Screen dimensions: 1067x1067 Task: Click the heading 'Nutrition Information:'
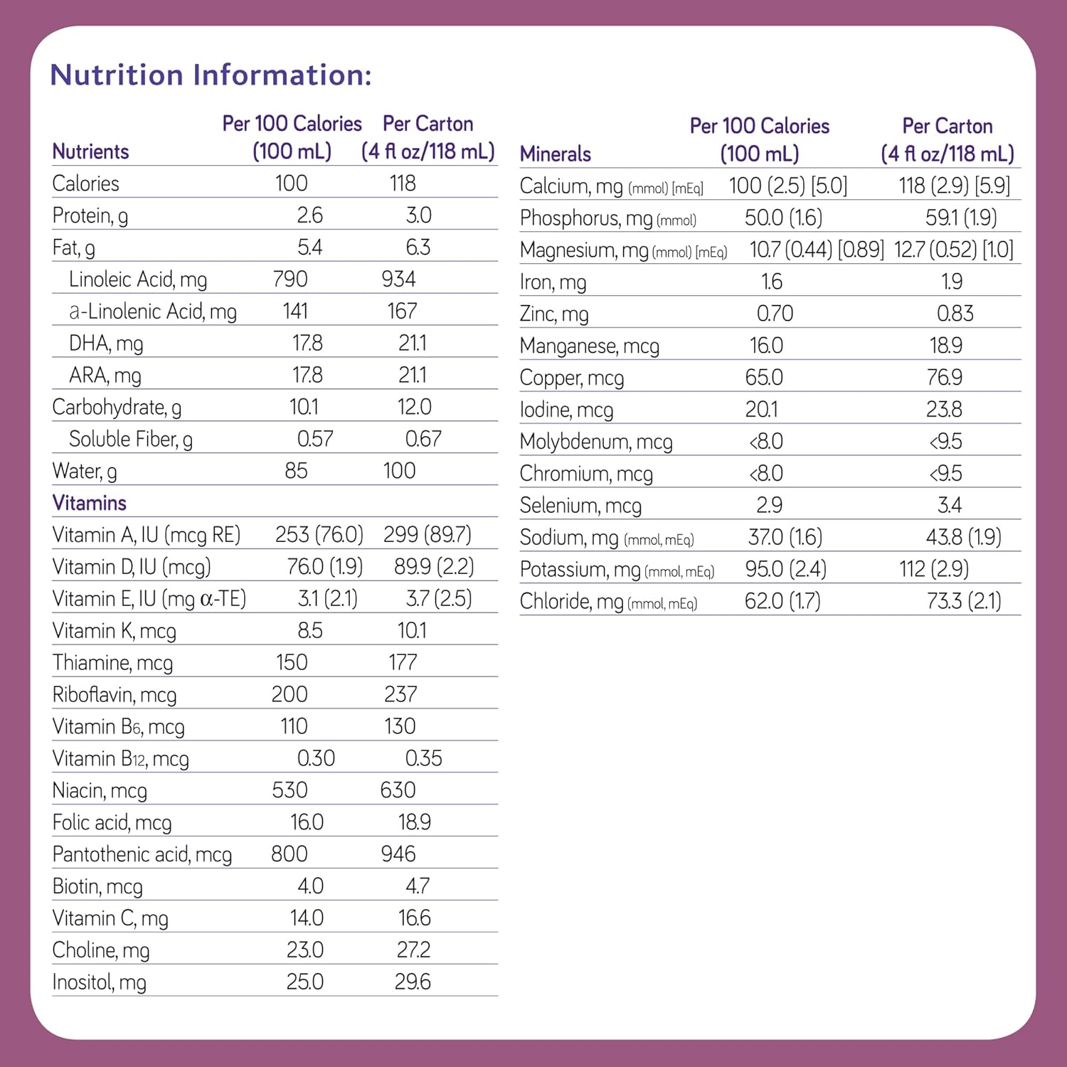coord(211,75)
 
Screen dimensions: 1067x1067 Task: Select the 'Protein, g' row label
coord(90,216)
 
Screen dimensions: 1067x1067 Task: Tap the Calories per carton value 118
coord(403,184)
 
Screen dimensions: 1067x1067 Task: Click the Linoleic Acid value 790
coord(290,279)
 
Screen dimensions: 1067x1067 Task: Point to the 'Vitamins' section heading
coord(89,503)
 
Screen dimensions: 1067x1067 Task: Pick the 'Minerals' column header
coord(556,154)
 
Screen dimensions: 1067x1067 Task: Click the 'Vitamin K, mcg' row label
coord(114,631)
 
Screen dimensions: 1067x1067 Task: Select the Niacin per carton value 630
coord(398,790)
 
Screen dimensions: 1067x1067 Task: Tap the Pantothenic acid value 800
coord(290,854)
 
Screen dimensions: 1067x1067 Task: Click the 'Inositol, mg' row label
coord(99,982)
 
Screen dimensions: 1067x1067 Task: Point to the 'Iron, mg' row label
coord(553,282)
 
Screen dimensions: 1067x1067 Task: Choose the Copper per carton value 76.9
coord(945,378)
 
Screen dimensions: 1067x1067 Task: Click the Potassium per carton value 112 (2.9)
coord(934,569)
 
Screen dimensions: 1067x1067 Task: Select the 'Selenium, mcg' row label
coord(580,506)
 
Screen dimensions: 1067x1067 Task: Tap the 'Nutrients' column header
coord(90,152)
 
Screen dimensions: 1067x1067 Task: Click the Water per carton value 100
coord(399,471)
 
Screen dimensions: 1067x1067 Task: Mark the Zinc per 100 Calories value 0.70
coord(775,314)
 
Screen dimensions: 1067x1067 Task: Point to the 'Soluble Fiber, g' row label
coord(131,440)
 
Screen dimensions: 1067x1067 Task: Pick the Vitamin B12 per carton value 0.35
coord(423,758)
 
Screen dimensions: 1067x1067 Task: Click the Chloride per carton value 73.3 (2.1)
coord(964,601)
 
